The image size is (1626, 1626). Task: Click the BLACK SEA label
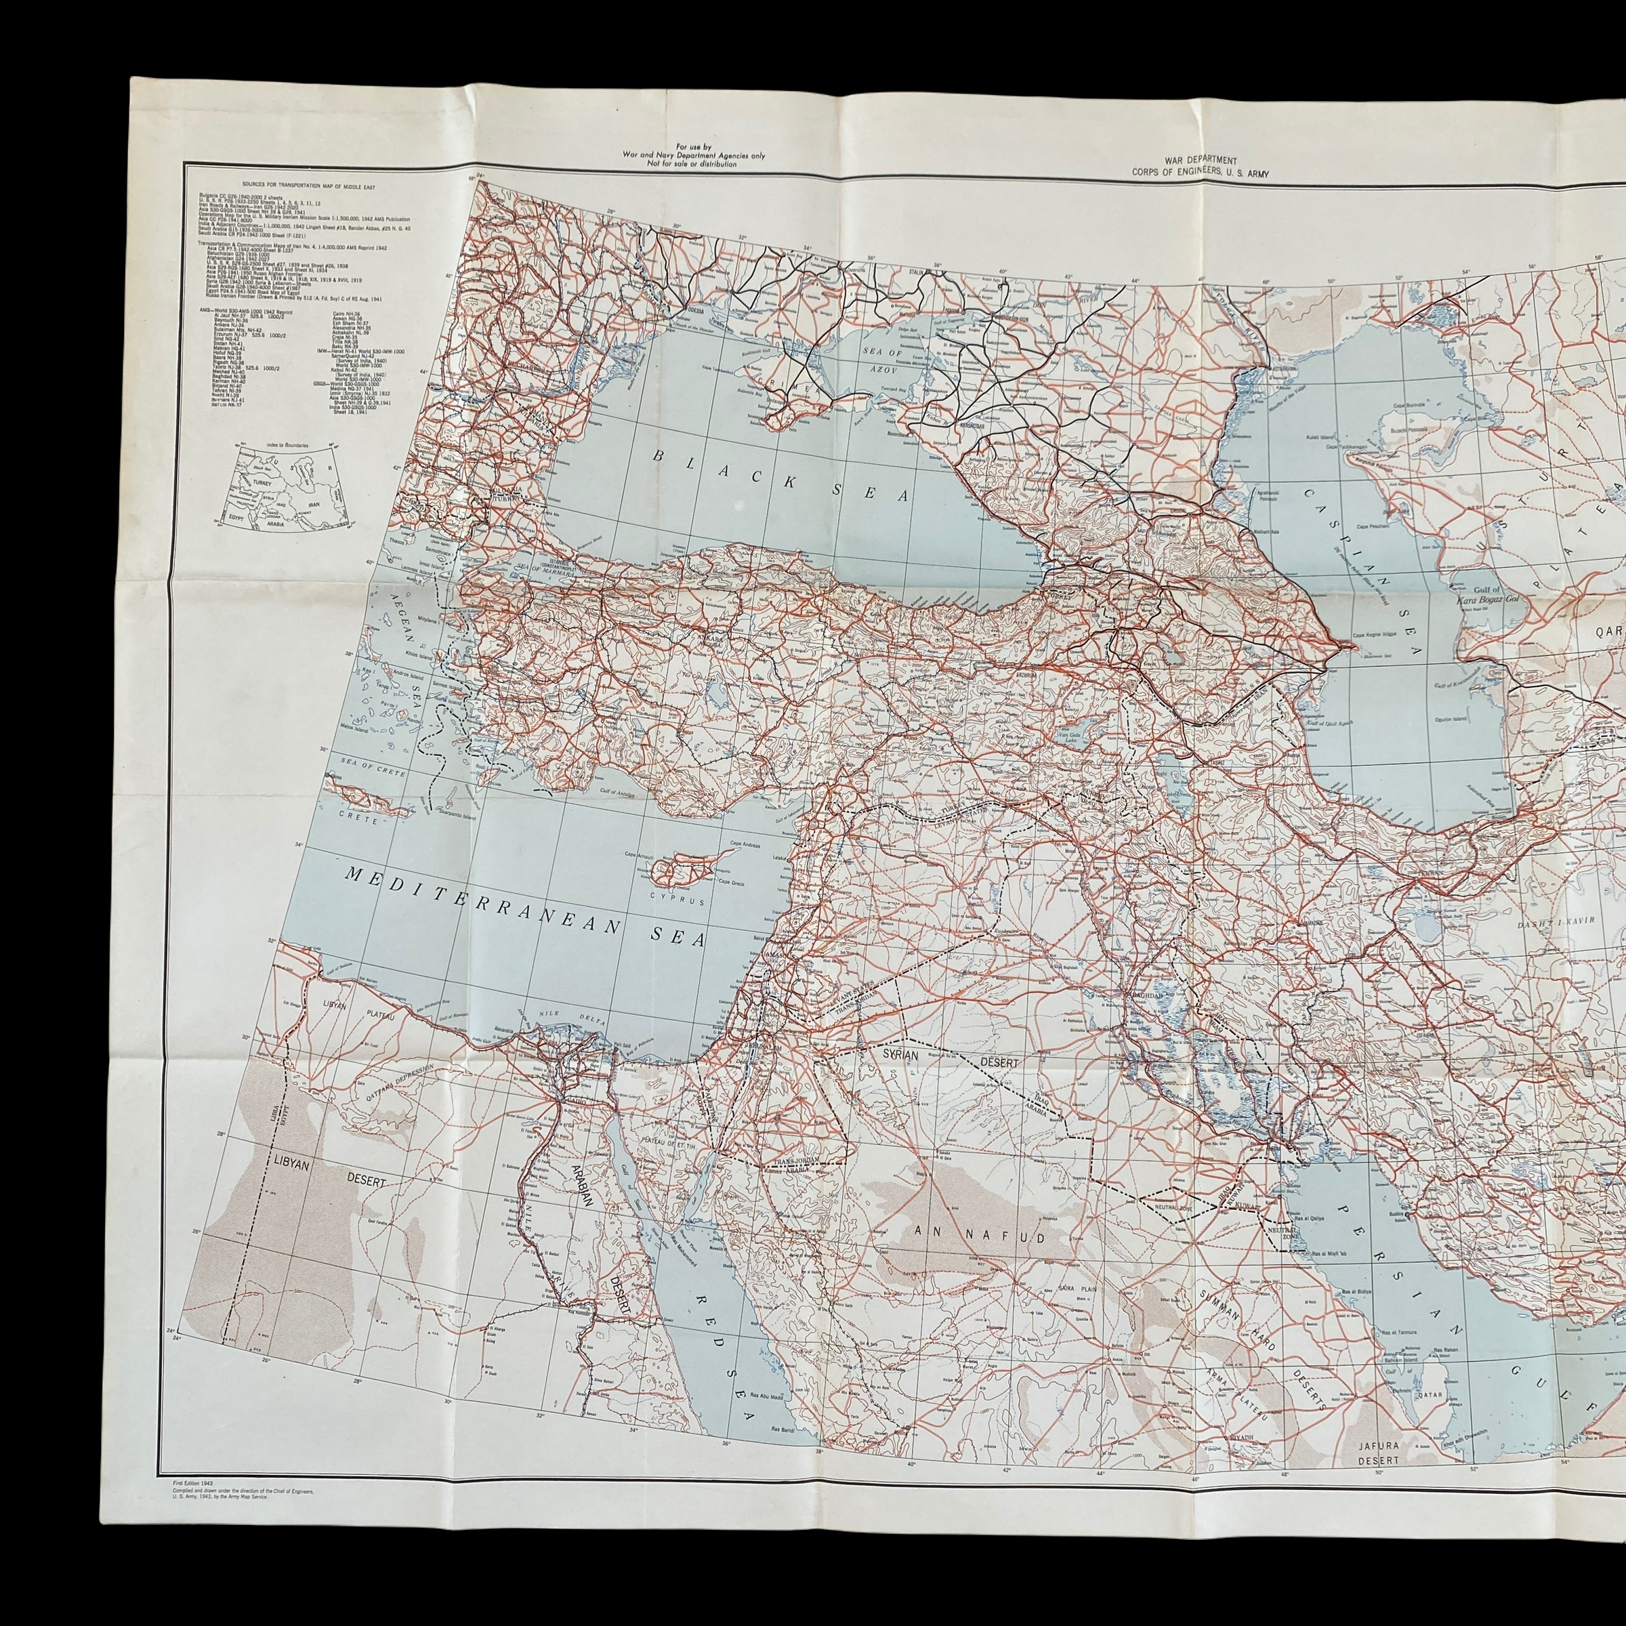coord(783,483)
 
